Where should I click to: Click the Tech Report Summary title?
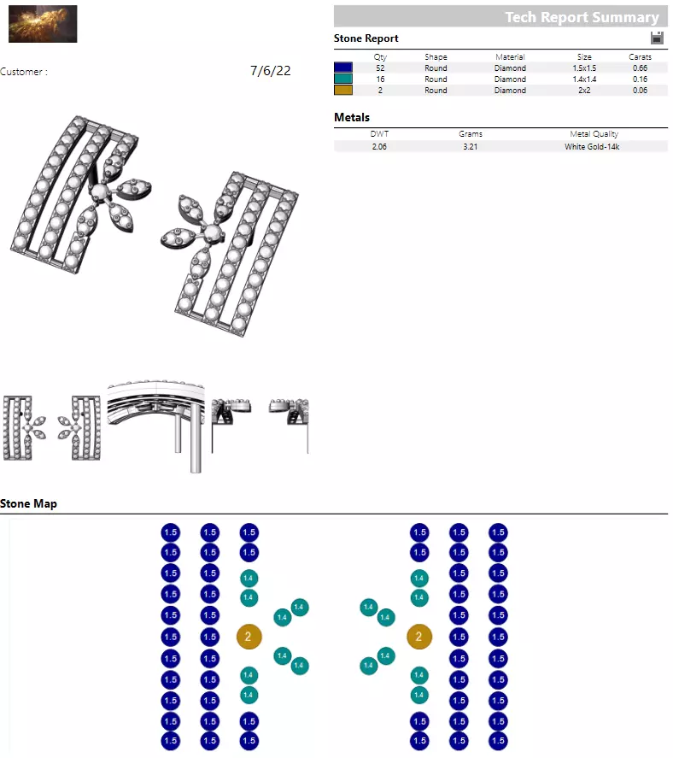pos(582,17)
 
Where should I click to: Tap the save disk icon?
pos(657,38)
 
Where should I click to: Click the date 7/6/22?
pos(270,71)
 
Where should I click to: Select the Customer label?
pos(24,72)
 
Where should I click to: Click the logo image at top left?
pos(43,24)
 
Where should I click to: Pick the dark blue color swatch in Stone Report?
pos(343,68)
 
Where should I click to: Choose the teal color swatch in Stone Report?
pos(343,79)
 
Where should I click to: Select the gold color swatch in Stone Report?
pos(343,90)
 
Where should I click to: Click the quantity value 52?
pos(380,68)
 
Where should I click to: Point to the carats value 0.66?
pos(639,68)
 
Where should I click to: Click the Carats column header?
pos(640,57)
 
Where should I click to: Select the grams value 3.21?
pos(470,147)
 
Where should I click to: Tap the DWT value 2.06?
pos(379,147)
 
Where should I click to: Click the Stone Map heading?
pos(28,504)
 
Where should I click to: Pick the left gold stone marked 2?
pos(249,637)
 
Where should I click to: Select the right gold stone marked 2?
pos(418,637)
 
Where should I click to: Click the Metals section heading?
pos(352,118)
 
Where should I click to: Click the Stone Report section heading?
pos(366,38)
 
